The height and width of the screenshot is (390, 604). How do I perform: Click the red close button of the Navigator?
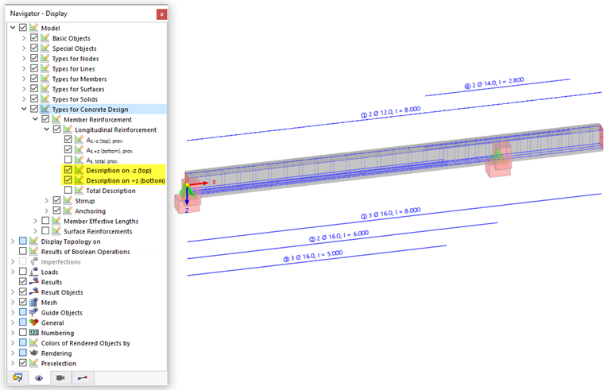click(x=161, y=14)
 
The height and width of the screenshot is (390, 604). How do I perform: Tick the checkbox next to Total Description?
click(x=68, y=191)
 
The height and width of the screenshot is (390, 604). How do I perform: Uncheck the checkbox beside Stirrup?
click(x=57, y=201)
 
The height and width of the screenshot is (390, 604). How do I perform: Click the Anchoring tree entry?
click(x=90, y=210)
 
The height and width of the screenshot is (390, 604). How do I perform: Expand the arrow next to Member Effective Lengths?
click(x=35, y=221)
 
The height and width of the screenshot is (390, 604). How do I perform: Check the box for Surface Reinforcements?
click(x=45, y=231)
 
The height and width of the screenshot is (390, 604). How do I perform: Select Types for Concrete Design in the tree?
click(x=90, y=109)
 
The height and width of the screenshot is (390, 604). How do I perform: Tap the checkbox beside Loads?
click(x=23, y=272)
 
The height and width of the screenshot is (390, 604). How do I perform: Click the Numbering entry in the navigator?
click(x=57, y=333)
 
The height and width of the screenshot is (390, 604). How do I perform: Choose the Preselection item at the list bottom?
click(x=59, y=363)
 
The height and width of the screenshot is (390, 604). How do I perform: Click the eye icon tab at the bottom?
click(x=38, y=378)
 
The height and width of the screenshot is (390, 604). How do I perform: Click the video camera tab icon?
click(x=60, y=378)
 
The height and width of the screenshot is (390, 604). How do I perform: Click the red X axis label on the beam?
click(x=213, y=182)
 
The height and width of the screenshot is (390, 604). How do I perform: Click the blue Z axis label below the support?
click(x=187, y=210)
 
